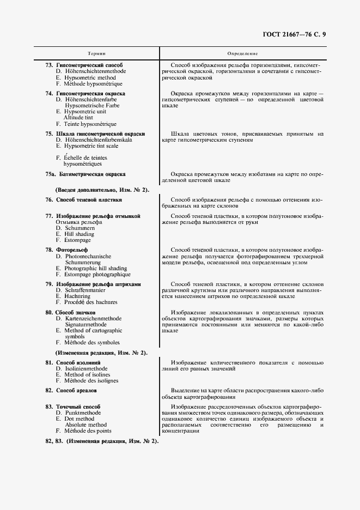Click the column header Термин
click(x=96, y=53)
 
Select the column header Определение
click(x=242, y=53)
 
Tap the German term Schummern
click(x=80, y=228)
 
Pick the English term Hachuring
click(x=77, y=296)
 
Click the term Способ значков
click(x=77, y=312)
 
